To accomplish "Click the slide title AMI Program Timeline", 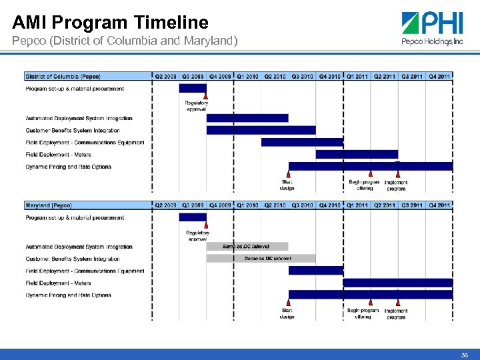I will (x=110, y=23).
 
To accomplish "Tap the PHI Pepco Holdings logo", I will (x=432, y=29).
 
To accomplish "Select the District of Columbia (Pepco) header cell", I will (x=63, y=77).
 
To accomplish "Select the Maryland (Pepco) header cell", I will (x=49, y=205).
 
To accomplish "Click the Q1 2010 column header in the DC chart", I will (x=247, y=77).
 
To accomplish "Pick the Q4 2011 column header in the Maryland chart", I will (x=439, y=205).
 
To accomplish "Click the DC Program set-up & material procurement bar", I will (x=193, y=88).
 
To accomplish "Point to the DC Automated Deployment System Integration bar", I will (x=247, y=118).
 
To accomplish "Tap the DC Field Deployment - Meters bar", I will (x=357, y=154).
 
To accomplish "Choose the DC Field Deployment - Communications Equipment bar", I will (x=302, y=142).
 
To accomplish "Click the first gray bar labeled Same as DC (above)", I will (x=247, y=247).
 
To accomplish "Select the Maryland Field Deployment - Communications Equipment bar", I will (x=315, y=271).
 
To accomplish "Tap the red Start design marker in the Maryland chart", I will (x=288, y=303).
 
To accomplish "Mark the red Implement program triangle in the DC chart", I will (x=397, y=175).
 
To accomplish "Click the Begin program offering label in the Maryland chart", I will (x=363, y=313).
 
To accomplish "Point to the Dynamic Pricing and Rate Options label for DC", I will (x=68, y=167).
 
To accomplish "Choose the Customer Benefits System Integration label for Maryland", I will (x=73, y=259).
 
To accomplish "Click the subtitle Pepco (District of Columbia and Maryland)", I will (x=125, y=41).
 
